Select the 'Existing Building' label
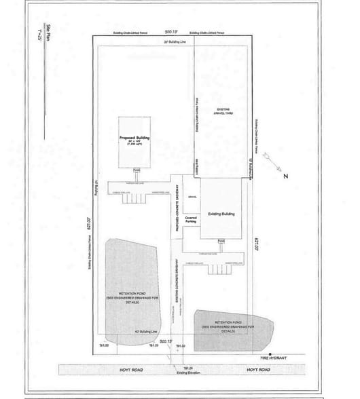coord(221,214)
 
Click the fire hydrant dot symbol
coord(270,356)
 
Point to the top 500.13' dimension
coord(170,31)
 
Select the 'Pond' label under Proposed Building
coord(137,170)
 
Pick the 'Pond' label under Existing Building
coord(221,242)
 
